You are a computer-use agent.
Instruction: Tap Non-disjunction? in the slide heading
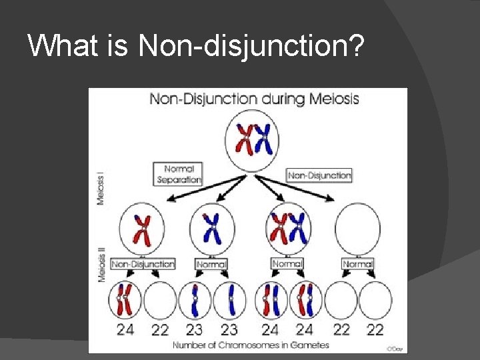click(x=250, y=46)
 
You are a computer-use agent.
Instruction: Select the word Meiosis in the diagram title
click(x=333, y=99)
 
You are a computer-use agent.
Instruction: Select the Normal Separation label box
click(x=178, y=174)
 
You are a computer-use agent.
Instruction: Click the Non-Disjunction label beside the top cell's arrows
click(x=319, y=175)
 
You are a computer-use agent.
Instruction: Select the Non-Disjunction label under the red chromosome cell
click(x=143, y=264)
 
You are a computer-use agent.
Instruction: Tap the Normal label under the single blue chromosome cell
click(x=212, y=265)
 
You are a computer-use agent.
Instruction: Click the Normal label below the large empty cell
click(x=357, y=265)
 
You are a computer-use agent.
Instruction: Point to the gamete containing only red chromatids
click(x=125, y=300)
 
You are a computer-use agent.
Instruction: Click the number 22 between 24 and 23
click(x=160, y=329)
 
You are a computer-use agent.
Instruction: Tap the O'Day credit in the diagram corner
click(x=395, y=348)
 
